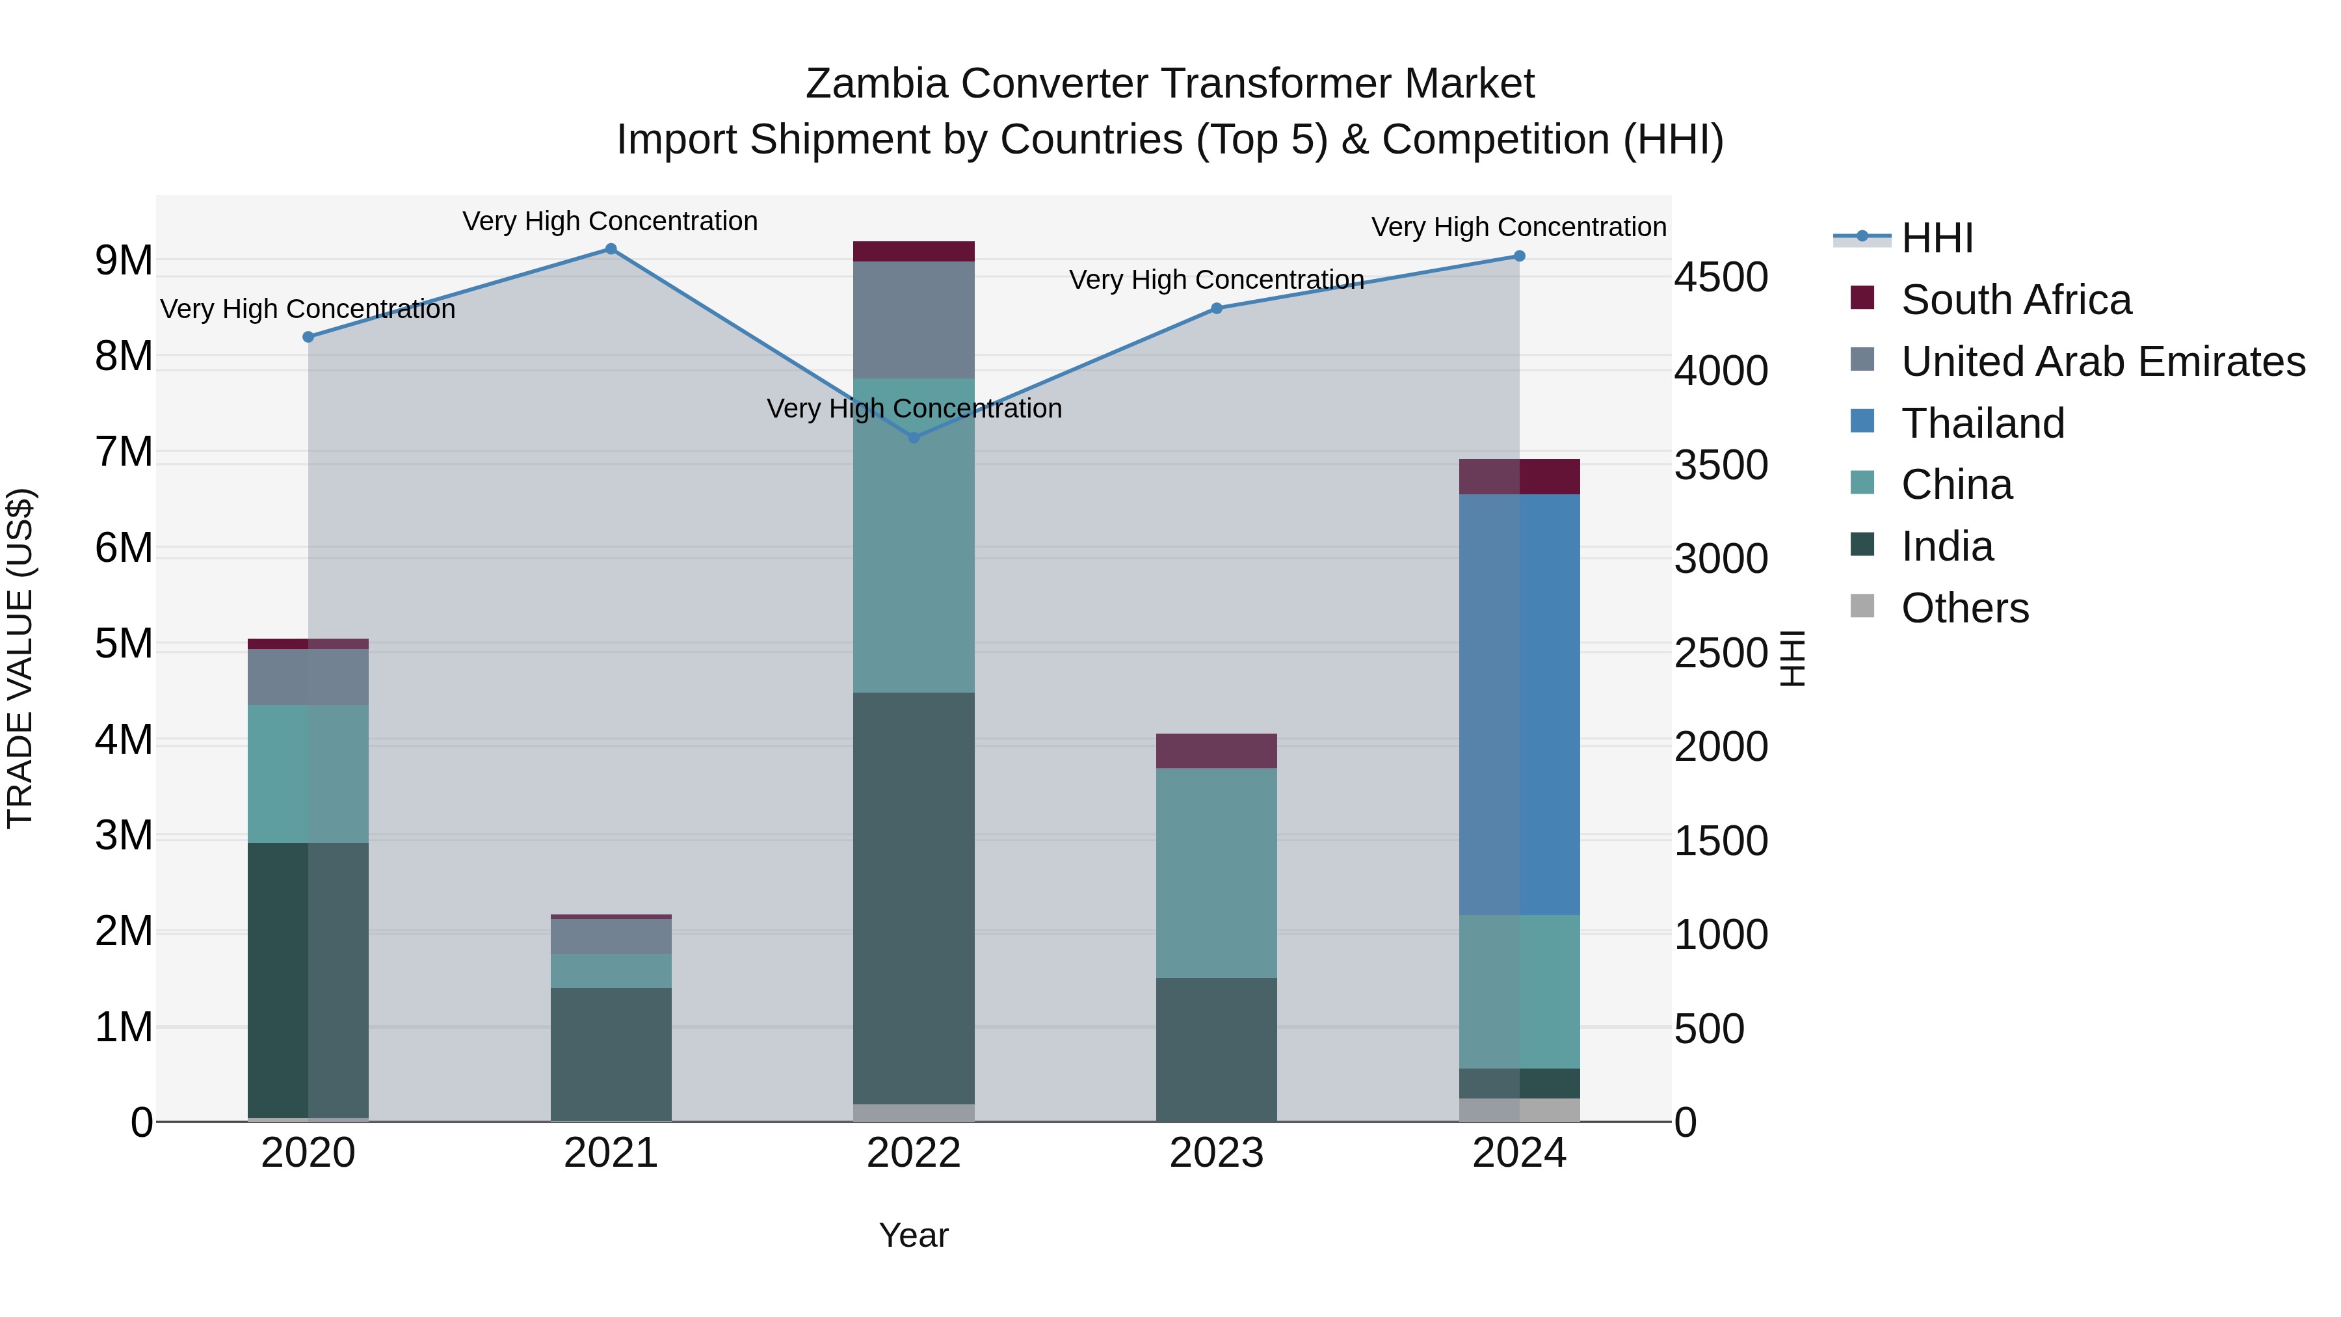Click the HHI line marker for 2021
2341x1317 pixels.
point(611,249)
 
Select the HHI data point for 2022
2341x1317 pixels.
point(914,437)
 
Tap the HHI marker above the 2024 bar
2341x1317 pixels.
point(1520,256)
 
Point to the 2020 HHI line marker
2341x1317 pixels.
point(308,337)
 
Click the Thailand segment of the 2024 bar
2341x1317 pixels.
point(1520,704)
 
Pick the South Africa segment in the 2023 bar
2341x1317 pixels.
point(1216,751)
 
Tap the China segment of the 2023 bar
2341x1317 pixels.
point(1216,873)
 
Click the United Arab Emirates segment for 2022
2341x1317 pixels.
point(914,320)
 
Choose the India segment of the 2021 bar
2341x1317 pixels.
point(611,1054)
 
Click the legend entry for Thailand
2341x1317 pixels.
point(1983,423)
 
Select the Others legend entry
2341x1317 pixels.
point(1964,608)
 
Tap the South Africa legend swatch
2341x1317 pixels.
point(1862,298)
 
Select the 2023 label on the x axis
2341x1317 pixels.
point(1216,1153)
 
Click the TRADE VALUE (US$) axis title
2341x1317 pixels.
point(21,658)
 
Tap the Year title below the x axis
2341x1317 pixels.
point(914,1235)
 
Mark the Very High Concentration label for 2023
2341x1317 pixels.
point(1216,280)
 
